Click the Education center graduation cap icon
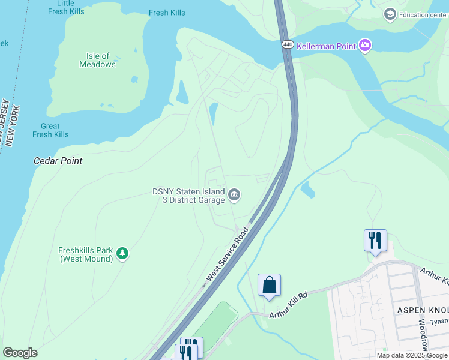[x=390, y=14]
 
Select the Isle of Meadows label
[x=97, y=60]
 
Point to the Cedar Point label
[x=58, y=161]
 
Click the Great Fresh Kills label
[x=50, y=130]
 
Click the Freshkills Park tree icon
[x=122, y=254]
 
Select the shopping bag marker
[x=269, y=285]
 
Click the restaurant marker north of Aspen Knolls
[x=375, y=241]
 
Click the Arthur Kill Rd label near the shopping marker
[x=288, y=305]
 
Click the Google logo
[x=20, y=353]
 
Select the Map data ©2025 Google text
[x=412, y=355]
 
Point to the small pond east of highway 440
[x=307, y=190]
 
